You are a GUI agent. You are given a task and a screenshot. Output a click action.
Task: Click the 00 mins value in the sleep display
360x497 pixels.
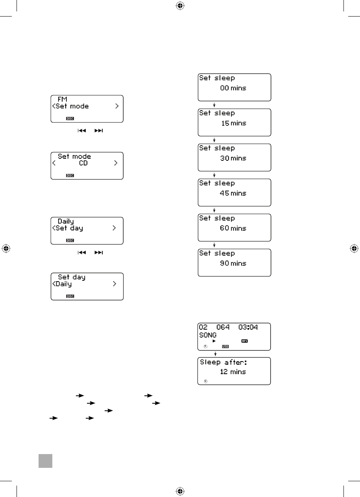(x=233, y=88)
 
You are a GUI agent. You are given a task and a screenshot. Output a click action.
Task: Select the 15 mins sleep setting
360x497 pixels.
(x=233, y=123)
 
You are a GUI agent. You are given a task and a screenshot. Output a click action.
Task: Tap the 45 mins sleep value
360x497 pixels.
(x=233, y=193)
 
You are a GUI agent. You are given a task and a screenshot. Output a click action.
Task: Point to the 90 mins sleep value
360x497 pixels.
(x=233, y=263)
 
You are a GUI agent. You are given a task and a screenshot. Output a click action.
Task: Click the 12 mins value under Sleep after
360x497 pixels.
(x=233, y=372)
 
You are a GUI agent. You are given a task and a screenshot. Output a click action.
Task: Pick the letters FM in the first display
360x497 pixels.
(x=62, y=100)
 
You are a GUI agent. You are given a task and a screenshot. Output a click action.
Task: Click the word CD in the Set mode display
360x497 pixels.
(x=83, y=163)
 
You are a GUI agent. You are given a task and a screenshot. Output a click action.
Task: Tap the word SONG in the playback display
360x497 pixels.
(x=208, y=335)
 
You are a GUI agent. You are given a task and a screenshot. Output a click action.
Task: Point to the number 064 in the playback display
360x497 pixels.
(x=223, y=327)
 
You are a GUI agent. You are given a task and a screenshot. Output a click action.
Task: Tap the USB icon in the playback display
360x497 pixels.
(x=225, y=347)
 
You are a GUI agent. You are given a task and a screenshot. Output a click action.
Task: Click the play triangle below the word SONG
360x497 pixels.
(x=214, y=341)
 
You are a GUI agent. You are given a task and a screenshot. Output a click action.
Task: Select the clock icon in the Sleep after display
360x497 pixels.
(x=205, y=382)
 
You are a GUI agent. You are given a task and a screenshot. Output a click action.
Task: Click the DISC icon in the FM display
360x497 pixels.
(x=70, y=119)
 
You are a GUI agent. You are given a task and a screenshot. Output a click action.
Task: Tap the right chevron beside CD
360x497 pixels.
(x=116, y=163)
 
